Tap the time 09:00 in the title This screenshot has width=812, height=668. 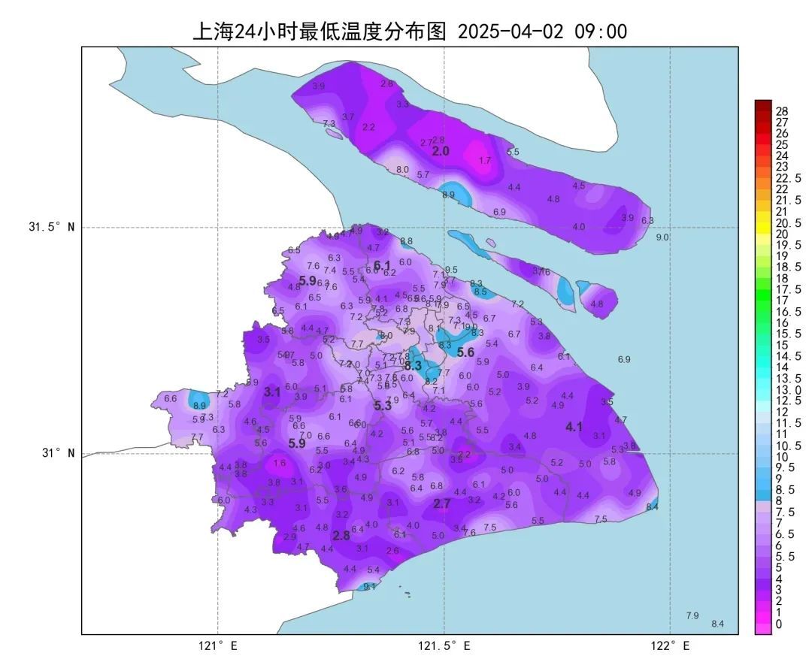pos(601,32)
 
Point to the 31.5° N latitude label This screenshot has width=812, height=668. pos(52,227)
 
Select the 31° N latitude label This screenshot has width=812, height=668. pos(58,453)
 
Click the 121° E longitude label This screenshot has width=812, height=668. pos(218,645)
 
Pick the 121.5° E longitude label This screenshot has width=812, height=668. pos(444,645)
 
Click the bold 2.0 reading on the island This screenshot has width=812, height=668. pos(441,151)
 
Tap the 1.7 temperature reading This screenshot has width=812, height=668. pos(484,161)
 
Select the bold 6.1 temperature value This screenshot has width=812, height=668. pos(382,265)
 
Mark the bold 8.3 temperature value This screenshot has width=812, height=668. pos(413,366)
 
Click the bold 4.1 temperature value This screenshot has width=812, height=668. pos(574,427)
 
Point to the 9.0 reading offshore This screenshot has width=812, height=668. pos(662,237)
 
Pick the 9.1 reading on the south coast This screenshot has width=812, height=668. pos(369,586)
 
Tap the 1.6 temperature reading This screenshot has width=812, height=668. pos(280,463)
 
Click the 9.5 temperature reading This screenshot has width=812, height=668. pos(451,270)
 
